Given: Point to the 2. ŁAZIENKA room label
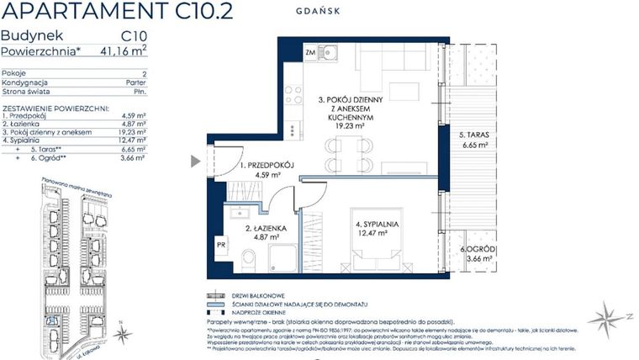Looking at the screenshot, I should (265, 228).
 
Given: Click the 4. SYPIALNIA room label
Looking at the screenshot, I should (376, 225).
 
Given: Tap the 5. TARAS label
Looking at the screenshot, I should (477, 134).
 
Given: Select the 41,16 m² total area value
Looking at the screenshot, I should (123, 51).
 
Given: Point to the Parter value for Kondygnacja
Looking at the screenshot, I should (135, 82).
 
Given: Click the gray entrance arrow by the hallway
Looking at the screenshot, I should (196, 161).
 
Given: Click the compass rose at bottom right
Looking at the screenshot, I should (607, 317).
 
